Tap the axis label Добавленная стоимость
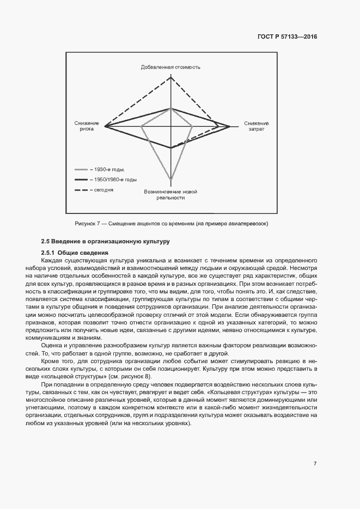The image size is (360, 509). pos(171,67)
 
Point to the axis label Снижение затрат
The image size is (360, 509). pos(257,126)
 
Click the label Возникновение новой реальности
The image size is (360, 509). pos(170,195)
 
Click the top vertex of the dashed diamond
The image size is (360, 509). pos(171,76)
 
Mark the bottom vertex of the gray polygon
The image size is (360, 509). pos(171,180)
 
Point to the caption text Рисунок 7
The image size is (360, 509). pos(86,224)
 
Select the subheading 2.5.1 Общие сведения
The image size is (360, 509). pos(75,253)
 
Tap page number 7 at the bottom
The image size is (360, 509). pos(315,463)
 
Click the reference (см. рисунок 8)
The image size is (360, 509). pos(130,377)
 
